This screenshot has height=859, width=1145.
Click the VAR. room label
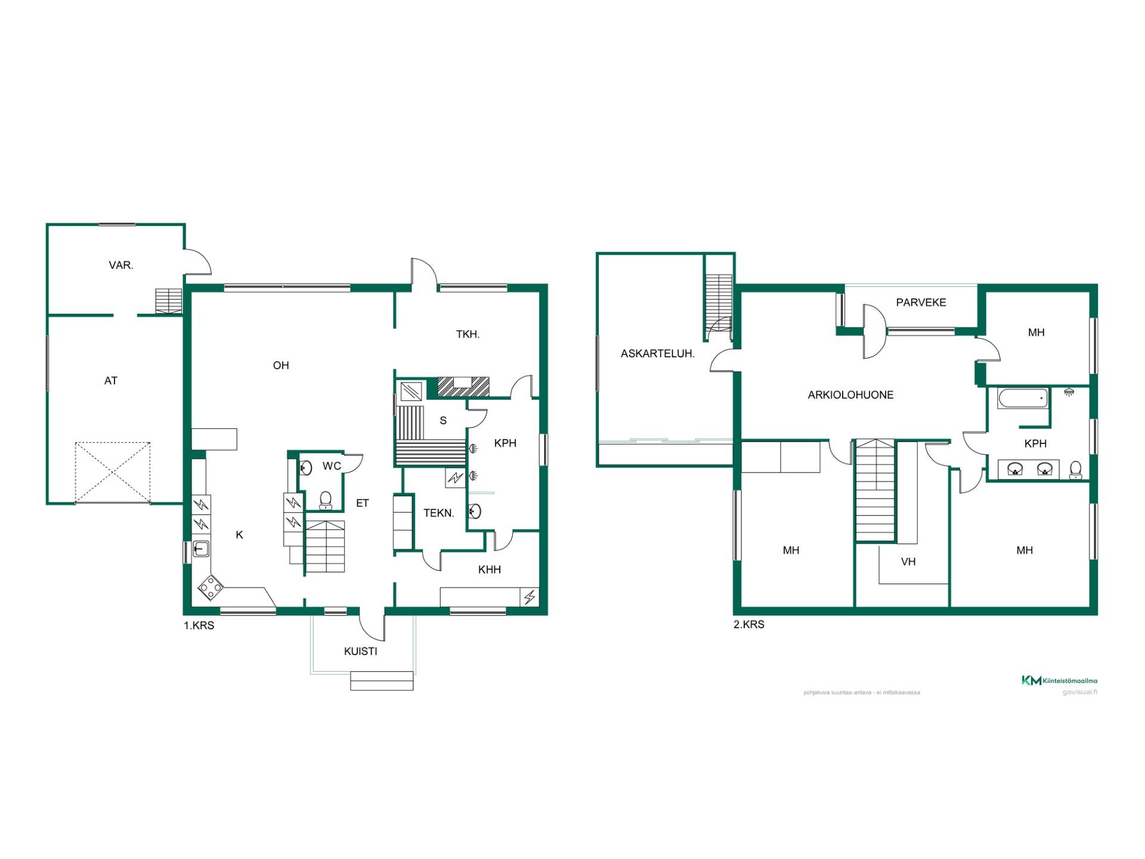click(121, 265)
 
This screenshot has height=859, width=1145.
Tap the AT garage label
click(111, 381)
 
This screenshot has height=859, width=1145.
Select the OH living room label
click(281, 366)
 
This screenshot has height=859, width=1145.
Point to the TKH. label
click(468, 335)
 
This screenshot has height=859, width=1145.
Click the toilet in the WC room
click(326, 500)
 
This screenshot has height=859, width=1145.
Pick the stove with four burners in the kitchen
click(211, 588)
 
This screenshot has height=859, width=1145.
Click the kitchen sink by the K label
click(200, 548)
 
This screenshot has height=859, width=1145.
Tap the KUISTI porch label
click(361, 651)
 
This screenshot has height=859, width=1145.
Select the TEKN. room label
click(439, 513)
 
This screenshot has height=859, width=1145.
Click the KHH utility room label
click(490, 570)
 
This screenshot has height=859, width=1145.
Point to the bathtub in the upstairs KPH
click(1023, 398)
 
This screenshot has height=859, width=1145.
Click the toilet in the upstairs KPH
click(1076, 470)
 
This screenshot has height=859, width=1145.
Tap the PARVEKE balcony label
click(921, 302)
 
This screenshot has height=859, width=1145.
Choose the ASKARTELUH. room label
click(658, 354)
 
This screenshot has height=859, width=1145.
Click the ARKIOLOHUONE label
click(850, 395)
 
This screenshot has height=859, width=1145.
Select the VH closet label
click(908, 562)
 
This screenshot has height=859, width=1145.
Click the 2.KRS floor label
click(749, 625)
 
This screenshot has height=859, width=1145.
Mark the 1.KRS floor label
click(199, 626)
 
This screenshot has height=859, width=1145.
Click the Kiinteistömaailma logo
click(1060, 681)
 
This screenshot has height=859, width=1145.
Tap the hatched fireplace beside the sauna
click(463, 387)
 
